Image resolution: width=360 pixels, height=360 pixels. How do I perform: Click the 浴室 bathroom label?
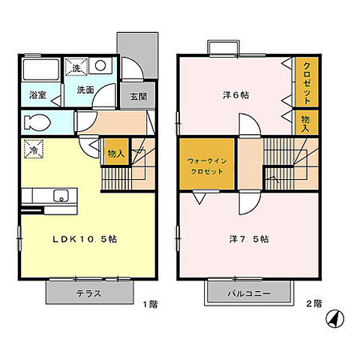[x=37, y=95]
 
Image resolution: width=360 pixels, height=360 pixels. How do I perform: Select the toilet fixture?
[x=37, y=121]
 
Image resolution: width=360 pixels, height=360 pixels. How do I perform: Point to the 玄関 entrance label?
[x=139, y=97]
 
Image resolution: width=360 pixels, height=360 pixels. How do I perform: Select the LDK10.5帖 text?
[x=83, y=238]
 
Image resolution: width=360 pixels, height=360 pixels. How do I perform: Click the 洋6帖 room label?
[x=235, y=95]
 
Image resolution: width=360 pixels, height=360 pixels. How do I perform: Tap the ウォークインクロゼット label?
[x=206, y=164]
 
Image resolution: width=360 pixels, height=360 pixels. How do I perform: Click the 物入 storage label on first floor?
[x=115, y=154]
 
